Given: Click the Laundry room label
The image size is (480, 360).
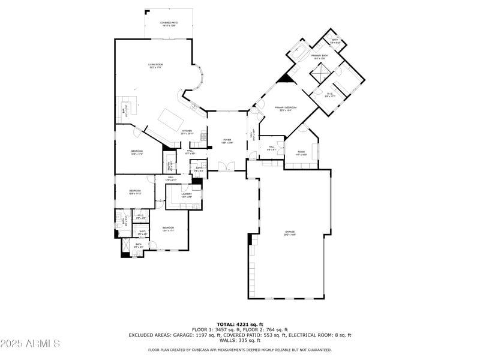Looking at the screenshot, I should (187, 195).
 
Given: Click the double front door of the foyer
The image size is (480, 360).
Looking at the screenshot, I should (226, 166).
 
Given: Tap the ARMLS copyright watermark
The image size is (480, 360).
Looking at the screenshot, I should (30, 344).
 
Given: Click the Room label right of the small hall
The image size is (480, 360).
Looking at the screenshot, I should (301, 152).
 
